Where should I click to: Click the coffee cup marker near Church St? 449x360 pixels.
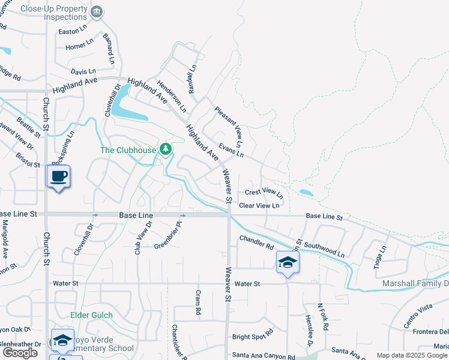[x=58, y=176]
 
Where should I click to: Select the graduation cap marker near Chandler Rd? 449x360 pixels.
[x=288, y=262]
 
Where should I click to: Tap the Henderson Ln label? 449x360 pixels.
[x=172, y=96]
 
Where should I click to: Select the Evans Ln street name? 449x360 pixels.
[x=231, y=150]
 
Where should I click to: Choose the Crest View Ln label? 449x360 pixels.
[x=264, y=193]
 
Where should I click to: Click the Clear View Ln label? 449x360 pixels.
[x=259, y=205]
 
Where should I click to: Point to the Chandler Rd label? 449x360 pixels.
[x=256, y=242]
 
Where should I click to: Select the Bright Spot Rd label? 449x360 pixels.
[x=253, y=331]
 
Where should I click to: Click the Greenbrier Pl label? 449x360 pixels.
[x=167, y=237]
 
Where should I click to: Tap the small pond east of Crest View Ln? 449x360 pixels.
[x=306, y=193]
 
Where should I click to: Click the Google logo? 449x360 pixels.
[x=20, y=353]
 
